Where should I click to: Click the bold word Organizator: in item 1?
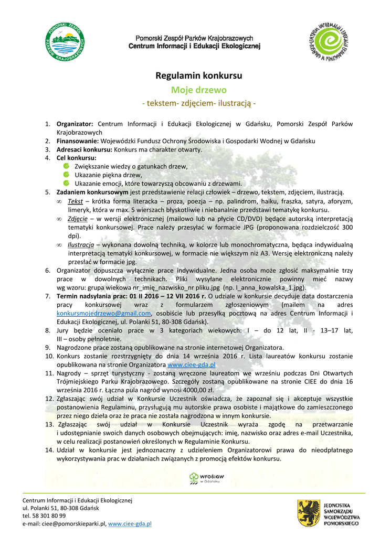pos(75,124)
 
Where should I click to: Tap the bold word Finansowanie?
pos(77,141)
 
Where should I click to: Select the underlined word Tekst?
pos(75,201)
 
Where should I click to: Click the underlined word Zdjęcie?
pos(78,219)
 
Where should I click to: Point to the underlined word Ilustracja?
pos(80,244)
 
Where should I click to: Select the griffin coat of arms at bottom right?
pos(309,512)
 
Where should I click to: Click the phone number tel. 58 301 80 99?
pos(45,516)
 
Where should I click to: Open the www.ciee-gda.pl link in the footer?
pos(130,524)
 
